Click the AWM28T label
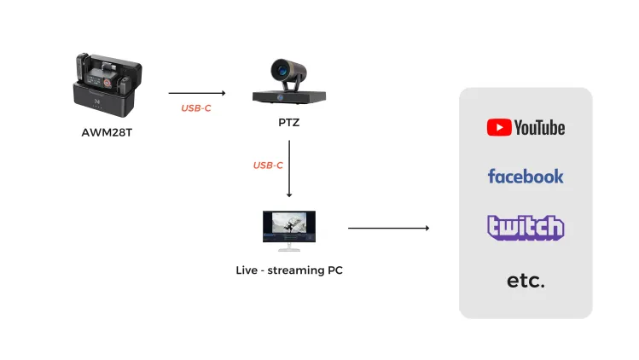pos(107,132)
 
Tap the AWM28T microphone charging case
pos(107,85)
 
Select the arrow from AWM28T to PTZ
pos(197,93)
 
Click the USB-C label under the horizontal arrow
pos(196,108)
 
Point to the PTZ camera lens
pos(282,70)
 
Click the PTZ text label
pos(289,122)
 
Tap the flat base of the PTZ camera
pos(289,97)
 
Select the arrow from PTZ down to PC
pos(289,169)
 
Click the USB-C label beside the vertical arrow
pos(268,165)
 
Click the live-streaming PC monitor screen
pos(289,226)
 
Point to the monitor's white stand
pos(289,247)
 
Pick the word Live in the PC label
pos(247,270)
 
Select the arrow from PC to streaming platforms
pos(389,228)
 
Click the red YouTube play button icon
pos(499,127)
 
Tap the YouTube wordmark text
pos(539,128)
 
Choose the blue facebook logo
pos(526,177)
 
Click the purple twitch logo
pos(526,228)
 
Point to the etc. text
pos(526,281)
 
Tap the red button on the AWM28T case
pos(107,83)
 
